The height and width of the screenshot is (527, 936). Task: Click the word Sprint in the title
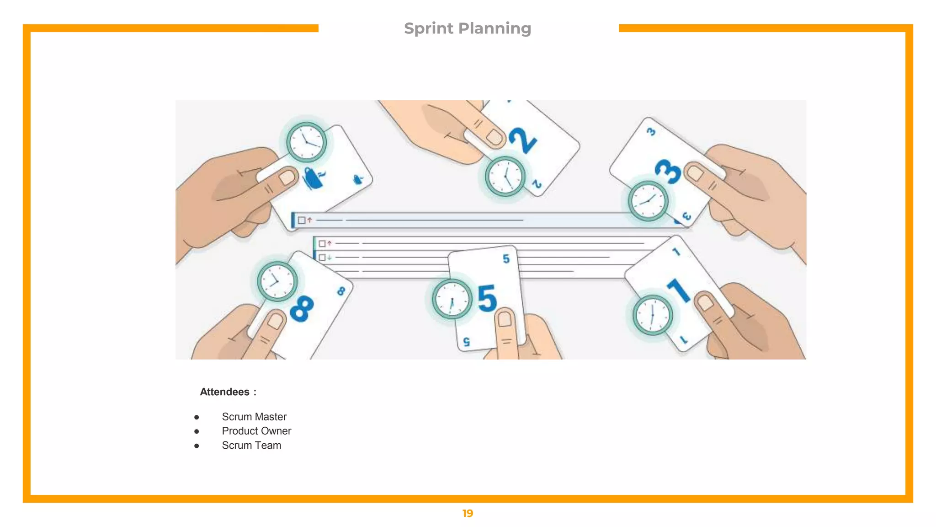429,29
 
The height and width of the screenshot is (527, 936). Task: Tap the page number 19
468,513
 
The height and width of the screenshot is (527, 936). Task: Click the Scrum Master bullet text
254,417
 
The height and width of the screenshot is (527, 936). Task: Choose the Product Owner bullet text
256,431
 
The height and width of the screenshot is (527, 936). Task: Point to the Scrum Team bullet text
251,445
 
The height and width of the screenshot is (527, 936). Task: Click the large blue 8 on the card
302,308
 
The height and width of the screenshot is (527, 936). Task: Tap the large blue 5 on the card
487,298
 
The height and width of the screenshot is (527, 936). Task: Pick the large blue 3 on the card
668,172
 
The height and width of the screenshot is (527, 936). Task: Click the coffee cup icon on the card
314,178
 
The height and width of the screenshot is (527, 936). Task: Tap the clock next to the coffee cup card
306,142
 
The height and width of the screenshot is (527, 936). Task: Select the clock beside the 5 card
452,300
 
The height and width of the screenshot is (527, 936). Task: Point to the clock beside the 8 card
277,281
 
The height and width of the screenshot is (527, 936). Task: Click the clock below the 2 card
505,177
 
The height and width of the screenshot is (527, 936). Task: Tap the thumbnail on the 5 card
505,318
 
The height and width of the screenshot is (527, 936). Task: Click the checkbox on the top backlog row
302,220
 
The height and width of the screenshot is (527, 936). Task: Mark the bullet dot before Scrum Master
197,417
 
